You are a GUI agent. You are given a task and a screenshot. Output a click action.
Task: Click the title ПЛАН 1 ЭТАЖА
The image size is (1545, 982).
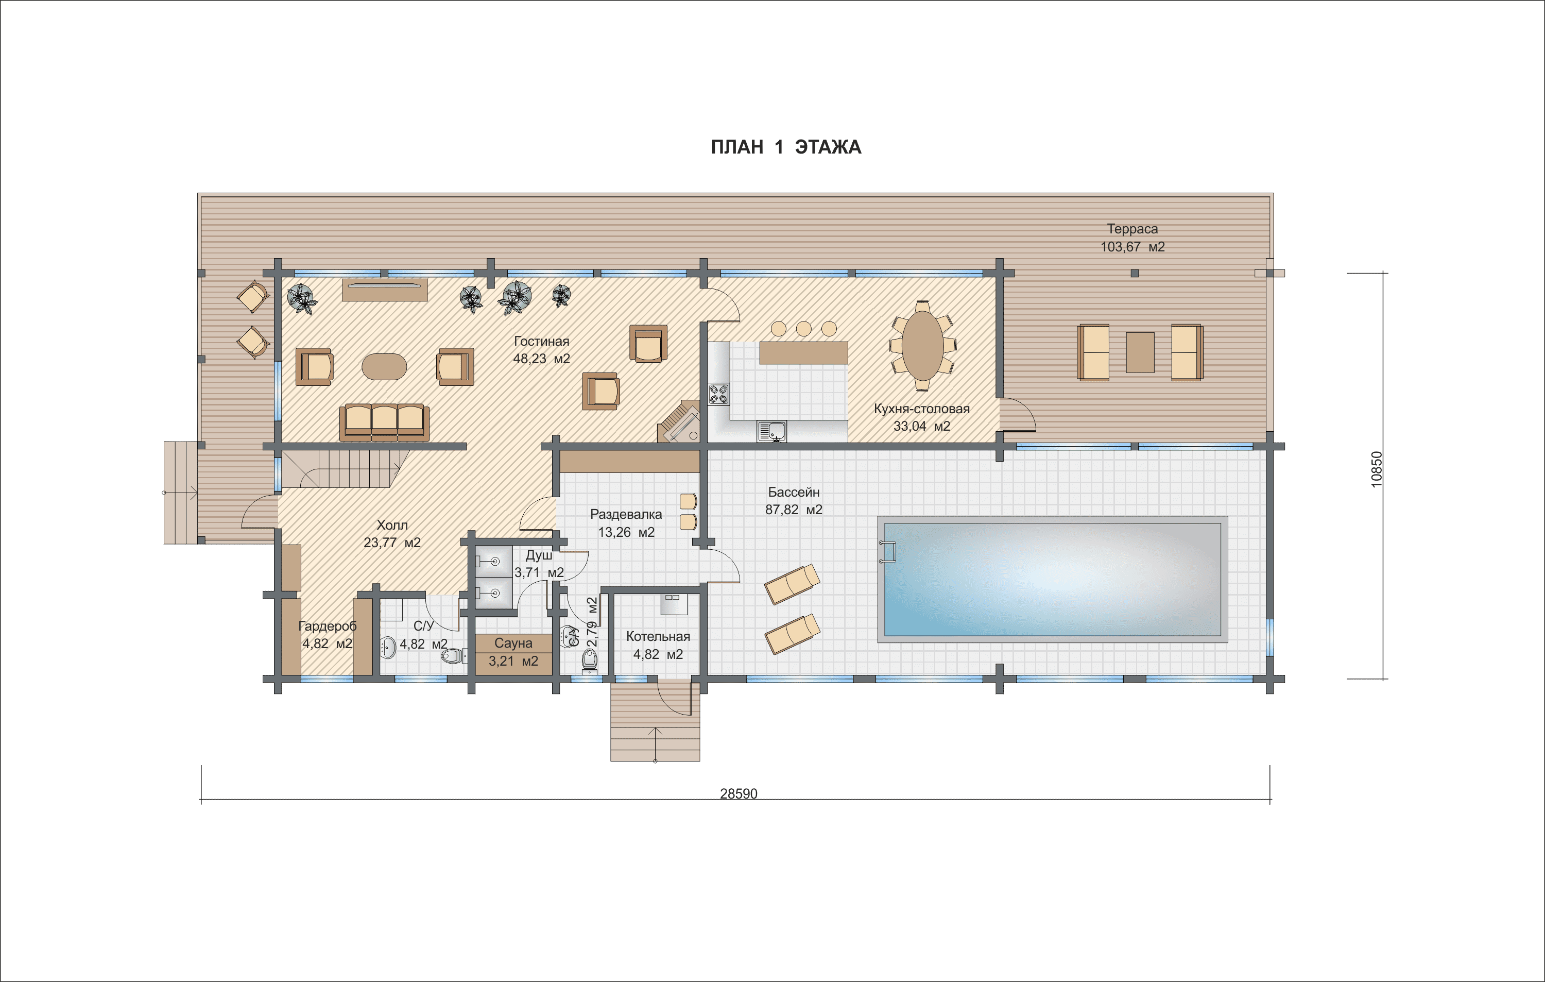tap(786, 147)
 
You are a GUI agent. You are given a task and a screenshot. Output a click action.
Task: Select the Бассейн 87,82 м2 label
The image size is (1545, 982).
tap(794, 501)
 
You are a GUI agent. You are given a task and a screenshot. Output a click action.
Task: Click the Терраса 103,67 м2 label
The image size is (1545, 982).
tap(1132, 238)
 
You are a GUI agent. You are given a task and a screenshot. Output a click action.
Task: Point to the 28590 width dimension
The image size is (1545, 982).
tap(739, 793)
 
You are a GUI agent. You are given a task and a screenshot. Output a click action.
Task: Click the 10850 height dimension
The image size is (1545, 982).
tap(1377, 469)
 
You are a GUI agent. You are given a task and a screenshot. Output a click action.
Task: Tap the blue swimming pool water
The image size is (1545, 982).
tap(1052, 579)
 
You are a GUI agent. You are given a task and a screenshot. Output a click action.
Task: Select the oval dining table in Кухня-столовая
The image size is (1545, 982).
tap(923, 346)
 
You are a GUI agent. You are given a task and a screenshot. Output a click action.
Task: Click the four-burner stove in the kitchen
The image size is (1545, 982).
tap(718, 394)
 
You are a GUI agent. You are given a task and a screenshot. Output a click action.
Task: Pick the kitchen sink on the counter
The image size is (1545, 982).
tap(772, 431)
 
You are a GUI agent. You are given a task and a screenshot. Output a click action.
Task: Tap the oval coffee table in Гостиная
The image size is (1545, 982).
tap(384, 366)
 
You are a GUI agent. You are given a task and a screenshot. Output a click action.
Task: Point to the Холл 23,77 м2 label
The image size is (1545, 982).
tap(392, 533)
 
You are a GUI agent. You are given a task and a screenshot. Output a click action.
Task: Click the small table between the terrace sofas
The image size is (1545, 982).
tap(1140, 352)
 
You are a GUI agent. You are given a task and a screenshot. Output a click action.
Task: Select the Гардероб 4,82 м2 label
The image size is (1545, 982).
tap(327, 635)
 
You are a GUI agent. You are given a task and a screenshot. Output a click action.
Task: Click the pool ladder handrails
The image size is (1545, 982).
tap(888, 551)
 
